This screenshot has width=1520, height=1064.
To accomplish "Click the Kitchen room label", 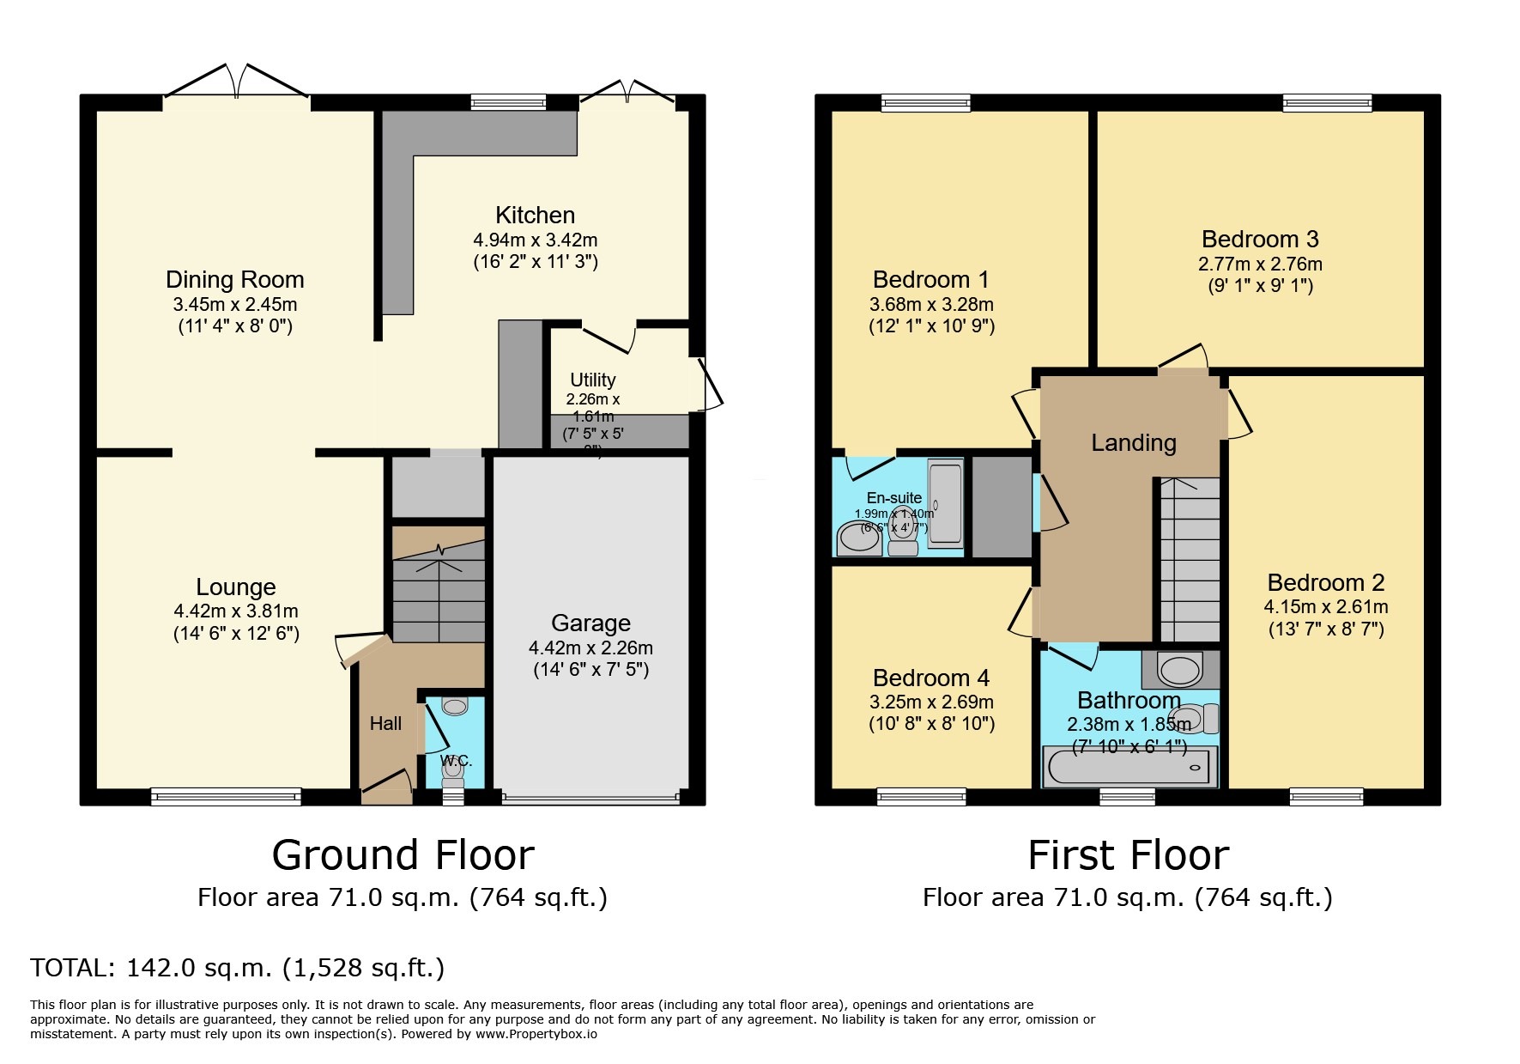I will [x=535, y=215].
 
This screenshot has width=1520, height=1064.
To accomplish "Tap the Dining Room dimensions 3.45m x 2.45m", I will [x=234, y=304].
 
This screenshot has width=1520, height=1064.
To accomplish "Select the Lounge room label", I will [x=235, y=587].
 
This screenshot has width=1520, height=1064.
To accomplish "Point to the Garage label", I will [x=590, y=623].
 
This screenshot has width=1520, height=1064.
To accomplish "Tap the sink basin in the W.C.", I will [x=455, y=707].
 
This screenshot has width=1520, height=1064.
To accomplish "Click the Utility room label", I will [x=592, y=380].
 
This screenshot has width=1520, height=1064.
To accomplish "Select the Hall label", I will [x=385, y=724].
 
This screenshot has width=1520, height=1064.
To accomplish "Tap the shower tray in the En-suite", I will [x=945, y=503].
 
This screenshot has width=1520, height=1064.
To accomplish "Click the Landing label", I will [x=1133, y=443].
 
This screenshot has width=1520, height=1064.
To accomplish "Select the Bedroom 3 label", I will [x=1259, y=239].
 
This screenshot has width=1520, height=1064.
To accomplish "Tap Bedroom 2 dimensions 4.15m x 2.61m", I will [x=1325, y=606].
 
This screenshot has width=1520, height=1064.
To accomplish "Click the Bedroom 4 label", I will [x=930, y=678].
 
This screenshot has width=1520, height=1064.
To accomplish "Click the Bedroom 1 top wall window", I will [x=925, y=103].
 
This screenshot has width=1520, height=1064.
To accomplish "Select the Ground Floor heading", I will [x=403, y=855].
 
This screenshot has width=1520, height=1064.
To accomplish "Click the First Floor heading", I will [x=1128, y=855].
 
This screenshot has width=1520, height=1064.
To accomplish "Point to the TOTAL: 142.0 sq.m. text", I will [x=237, y=968].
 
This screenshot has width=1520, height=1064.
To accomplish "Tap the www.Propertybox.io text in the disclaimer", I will [x=536, y=1034].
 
